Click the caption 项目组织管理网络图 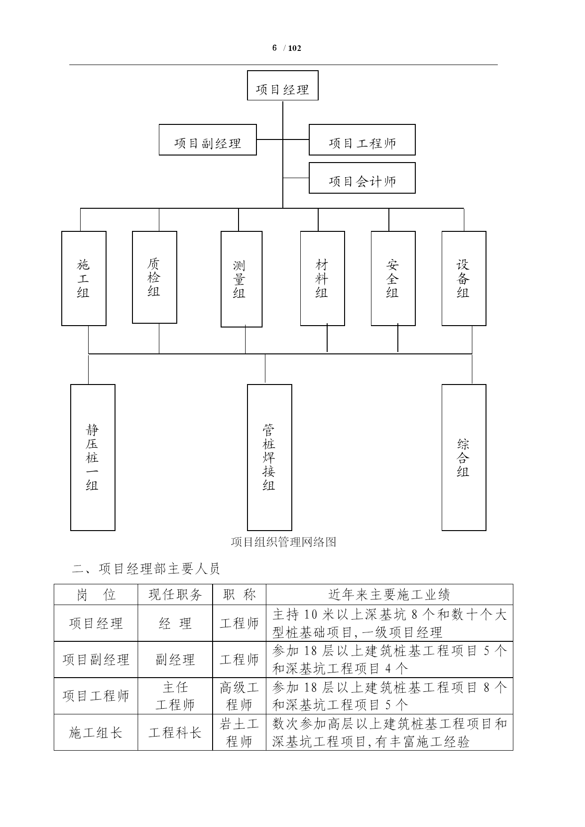(x=283, y=542)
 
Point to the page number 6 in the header (x=274, y=48)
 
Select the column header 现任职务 (x=175, y=595)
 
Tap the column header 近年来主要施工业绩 (x=389, y=595)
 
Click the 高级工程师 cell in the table (x=239, y=696)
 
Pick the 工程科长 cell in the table (x=175, y=733)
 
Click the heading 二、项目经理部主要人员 (x=146, y=569)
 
